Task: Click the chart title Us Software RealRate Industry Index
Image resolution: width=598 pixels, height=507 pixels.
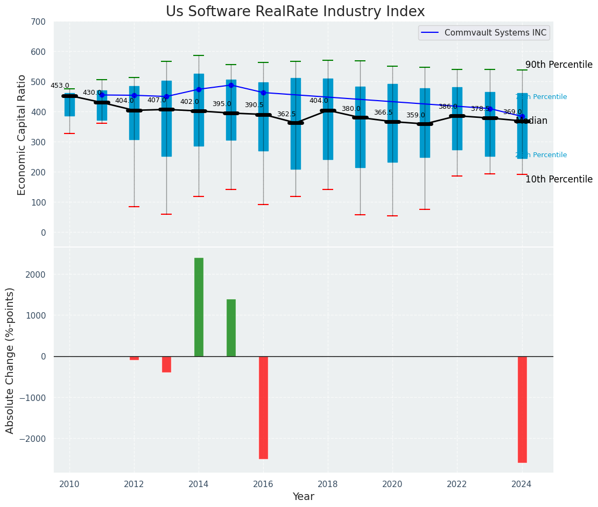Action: pos(295,12)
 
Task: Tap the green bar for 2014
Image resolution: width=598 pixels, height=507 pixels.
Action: pos(199,307)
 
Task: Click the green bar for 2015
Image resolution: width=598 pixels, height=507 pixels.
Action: pos(231,328)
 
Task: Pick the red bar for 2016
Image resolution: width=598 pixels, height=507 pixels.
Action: pos(263,407)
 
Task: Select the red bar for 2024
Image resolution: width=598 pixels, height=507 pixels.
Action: pos(522,409)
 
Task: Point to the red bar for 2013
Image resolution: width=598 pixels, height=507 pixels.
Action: pos(166,364)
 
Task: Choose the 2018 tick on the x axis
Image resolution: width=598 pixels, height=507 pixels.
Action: pos(328,484)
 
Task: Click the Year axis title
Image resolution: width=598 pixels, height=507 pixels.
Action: pos(303,497)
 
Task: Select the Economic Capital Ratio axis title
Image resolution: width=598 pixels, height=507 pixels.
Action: pos(22,135)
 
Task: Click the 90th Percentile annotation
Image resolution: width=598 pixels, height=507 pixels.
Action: pos(559,65)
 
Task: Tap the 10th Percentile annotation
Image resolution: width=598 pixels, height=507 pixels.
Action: pos(559,179)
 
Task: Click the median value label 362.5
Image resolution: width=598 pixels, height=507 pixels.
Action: pos(286,114)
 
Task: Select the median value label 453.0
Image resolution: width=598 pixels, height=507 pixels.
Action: pos(60,86)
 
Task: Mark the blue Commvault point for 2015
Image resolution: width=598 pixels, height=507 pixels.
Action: pos(231,85)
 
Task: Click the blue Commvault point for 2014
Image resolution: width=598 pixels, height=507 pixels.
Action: pos(199,89)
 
